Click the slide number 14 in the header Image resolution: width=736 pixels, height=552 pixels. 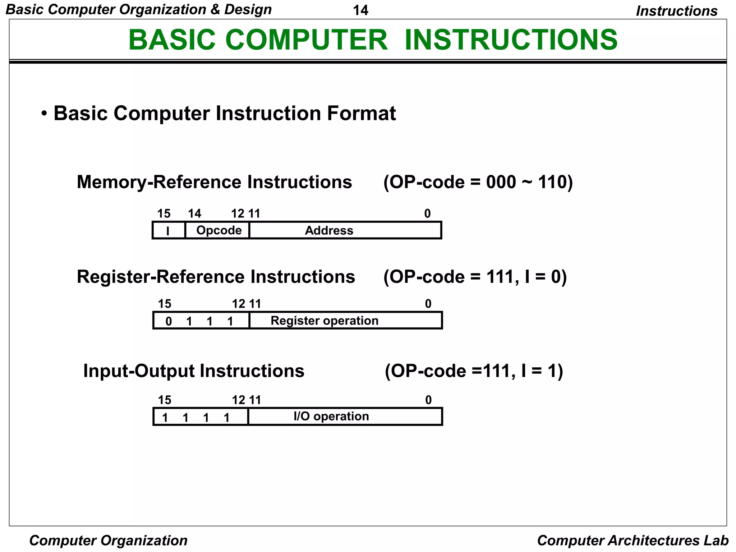(360, 10)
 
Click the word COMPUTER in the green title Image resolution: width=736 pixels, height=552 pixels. (306, 40)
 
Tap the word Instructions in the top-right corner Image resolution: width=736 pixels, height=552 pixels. (676, 11)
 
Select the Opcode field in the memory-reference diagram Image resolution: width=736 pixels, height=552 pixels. (219, 230)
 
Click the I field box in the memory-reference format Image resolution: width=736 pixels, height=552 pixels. (169, 231)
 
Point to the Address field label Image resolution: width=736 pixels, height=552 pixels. (329, 230)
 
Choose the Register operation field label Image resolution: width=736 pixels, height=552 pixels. (324, 321)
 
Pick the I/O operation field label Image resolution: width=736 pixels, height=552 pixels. (331, 416)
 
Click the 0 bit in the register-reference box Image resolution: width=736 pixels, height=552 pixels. (169, 321)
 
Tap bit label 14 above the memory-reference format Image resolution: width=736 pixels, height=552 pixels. (194, 214)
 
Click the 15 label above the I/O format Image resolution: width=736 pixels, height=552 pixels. (165, 400)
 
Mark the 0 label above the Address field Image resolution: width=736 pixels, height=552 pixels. (427, 214)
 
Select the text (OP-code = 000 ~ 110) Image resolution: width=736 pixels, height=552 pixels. (478, 182)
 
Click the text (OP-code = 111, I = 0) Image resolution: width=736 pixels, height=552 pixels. (475, 277)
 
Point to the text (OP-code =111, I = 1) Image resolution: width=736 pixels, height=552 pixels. (474, 371)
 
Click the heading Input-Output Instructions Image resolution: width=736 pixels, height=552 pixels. (194, 371)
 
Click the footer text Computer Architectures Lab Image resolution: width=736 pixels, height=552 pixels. (632, 540)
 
